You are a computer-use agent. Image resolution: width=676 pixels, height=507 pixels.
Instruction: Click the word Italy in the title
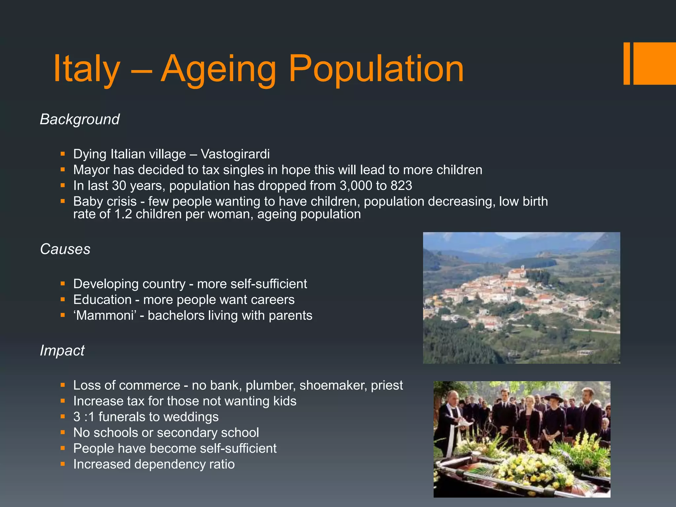(86, 69)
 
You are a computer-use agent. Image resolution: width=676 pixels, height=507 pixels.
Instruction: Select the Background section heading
(80, 119)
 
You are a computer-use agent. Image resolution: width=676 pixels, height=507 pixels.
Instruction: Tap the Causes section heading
(65, 249)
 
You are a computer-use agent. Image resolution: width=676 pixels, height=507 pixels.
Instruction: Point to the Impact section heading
(62, 351)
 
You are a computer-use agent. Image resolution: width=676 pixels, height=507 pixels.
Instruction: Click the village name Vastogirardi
(235, 154)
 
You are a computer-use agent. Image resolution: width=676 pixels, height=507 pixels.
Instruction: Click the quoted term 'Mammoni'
(105, 316)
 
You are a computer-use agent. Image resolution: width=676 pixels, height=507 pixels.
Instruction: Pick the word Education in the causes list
(102, 300)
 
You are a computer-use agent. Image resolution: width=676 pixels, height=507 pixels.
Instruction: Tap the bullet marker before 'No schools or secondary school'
(63, 432)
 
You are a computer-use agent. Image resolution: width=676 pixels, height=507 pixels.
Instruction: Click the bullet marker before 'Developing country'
(63, 284)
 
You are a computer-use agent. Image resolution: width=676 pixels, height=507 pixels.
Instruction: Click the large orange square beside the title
(655, 63)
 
